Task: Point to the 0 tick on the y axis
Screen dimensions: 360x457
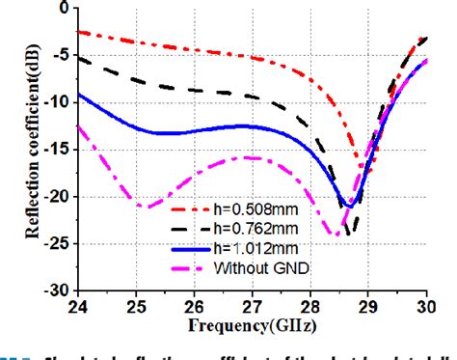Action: pyautogui.click(x=63, y=8)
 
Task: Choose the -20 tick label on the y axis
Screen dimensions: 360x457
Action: pyautogui.click(x=55, y=196)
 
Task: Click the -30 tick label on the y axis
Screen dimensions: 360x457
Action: pyautogui.click(x=55, y=289)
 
